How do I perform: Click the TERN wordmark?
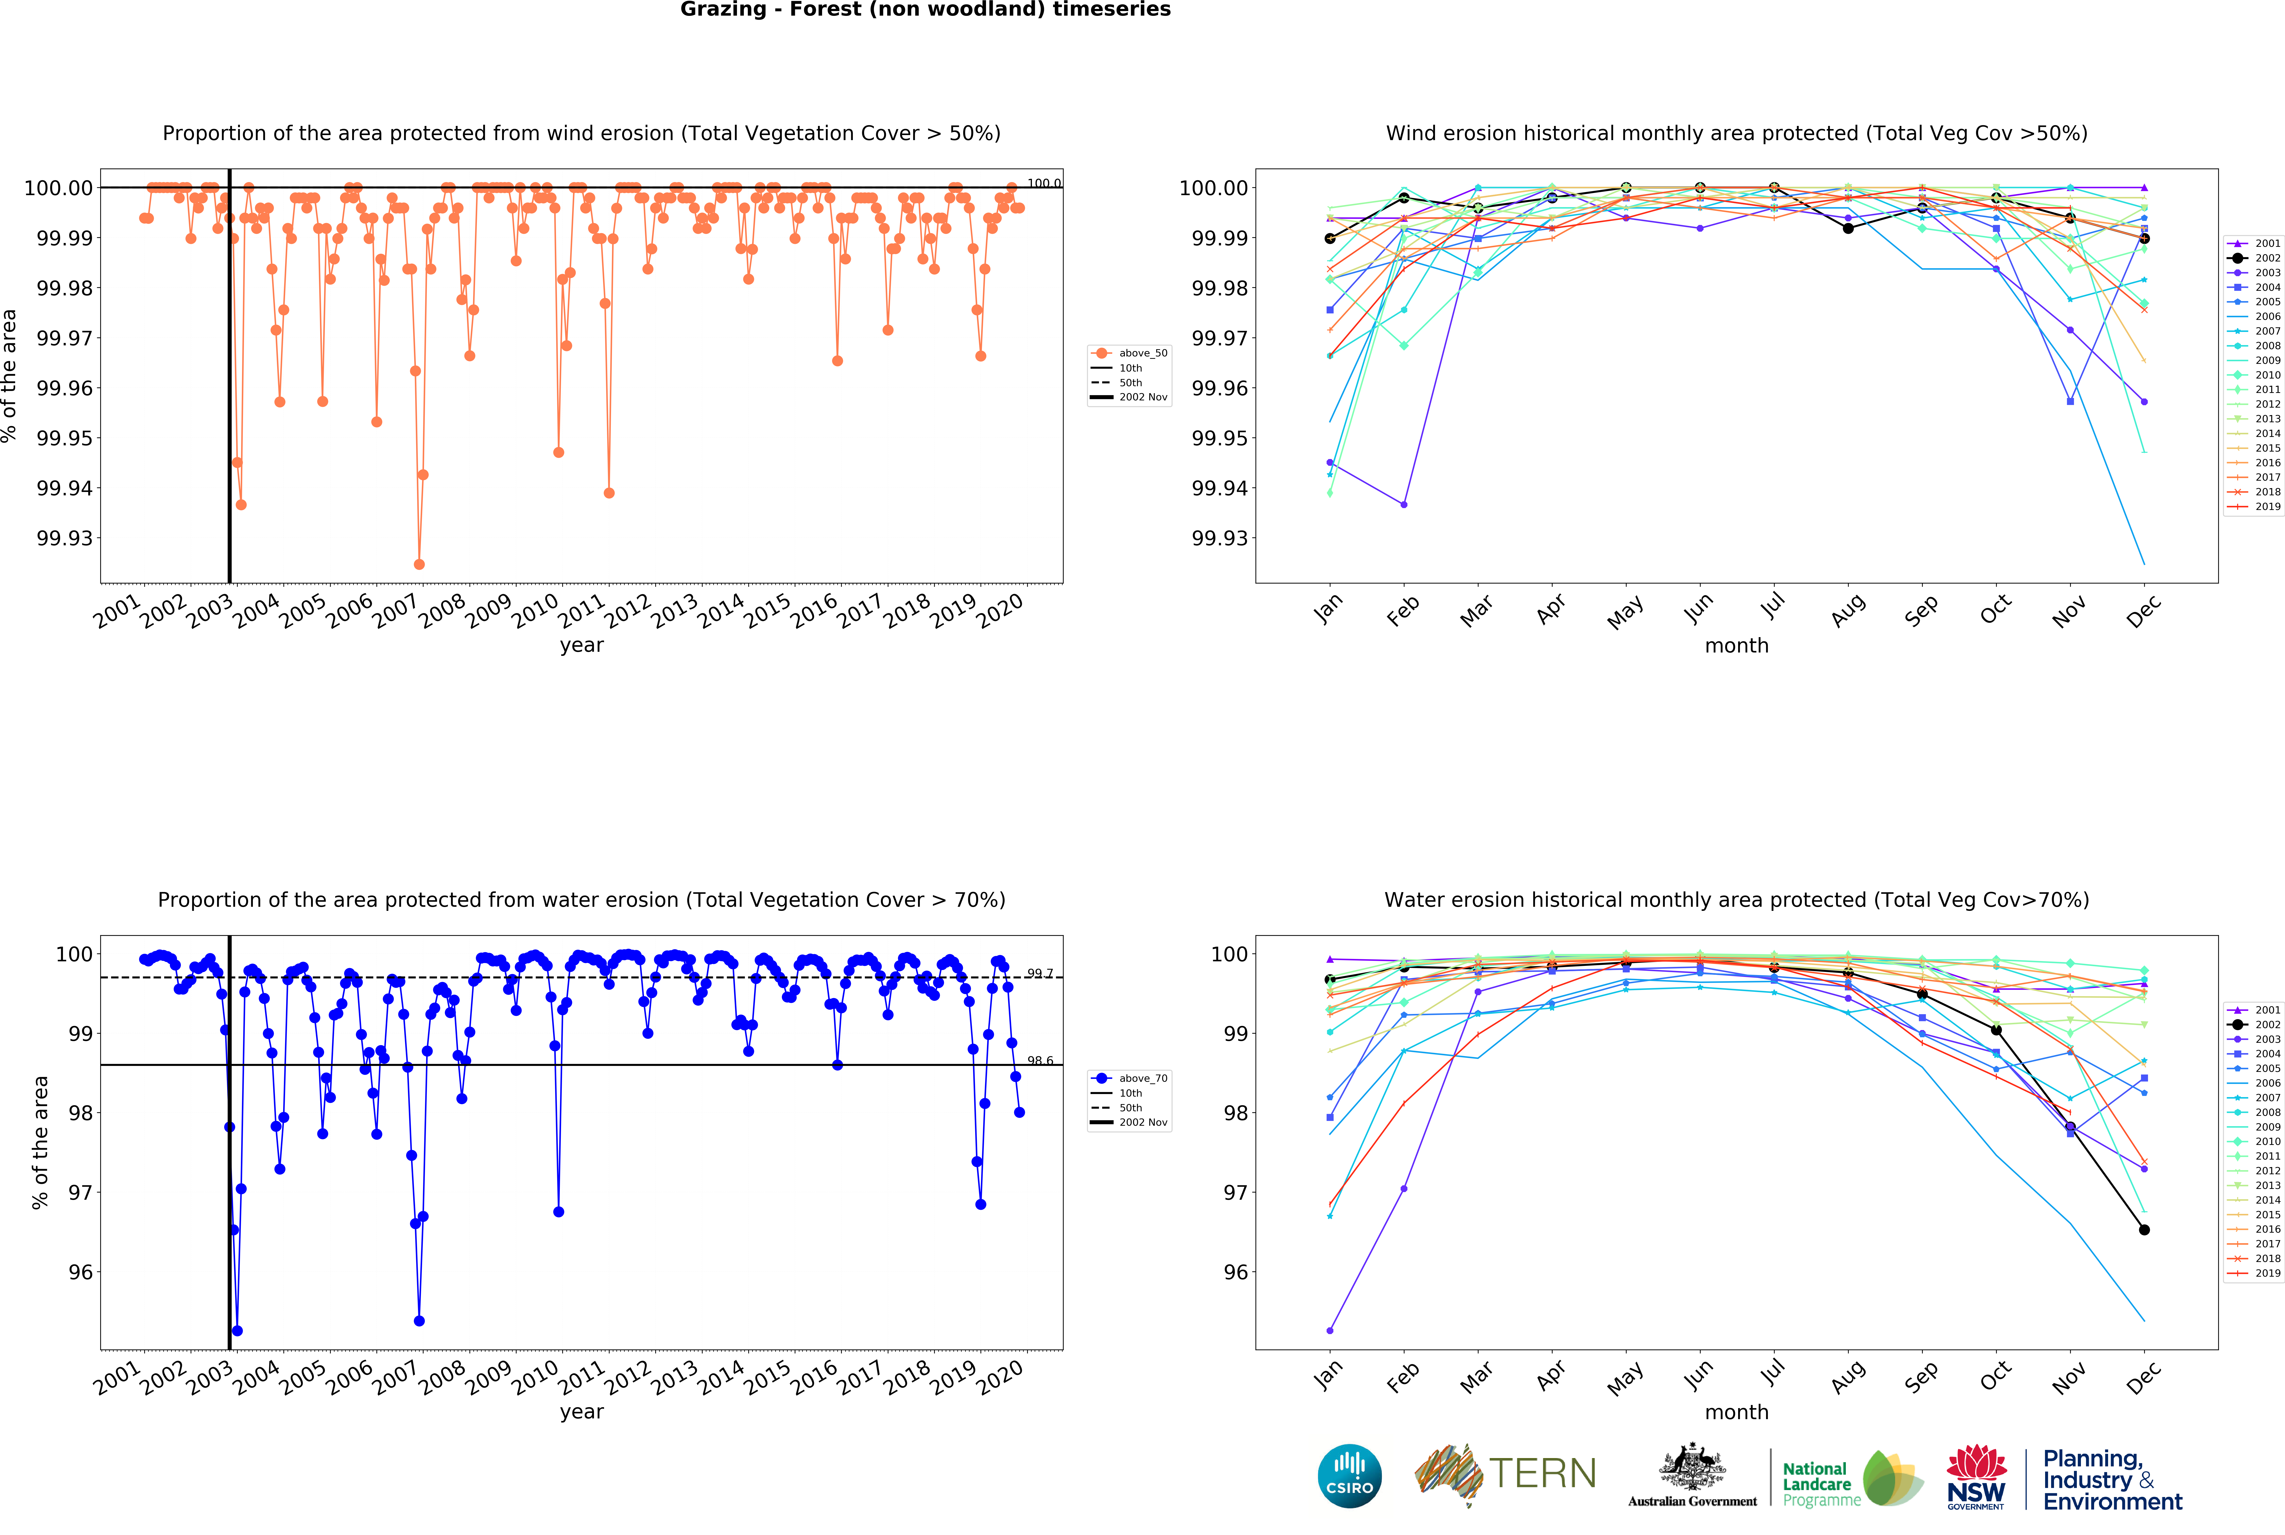[x=1543, y=1473]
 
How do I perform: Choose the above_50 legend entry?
[x=1142, y=353]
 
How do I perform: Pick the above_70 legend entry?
[x=1142, y=1078]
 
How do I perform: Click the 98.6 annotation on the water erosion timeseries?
[x=1040, y=1061]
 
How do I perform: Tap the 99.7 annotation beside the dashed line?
[x=1040, y=974]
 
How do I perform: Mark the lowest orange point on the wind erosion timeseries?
[x=419, y=564]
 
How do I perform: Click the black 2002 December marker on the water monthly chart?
[x=2144, y=1230]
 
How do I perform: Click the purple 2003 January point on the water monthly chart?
[x=1330, y=1330]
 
